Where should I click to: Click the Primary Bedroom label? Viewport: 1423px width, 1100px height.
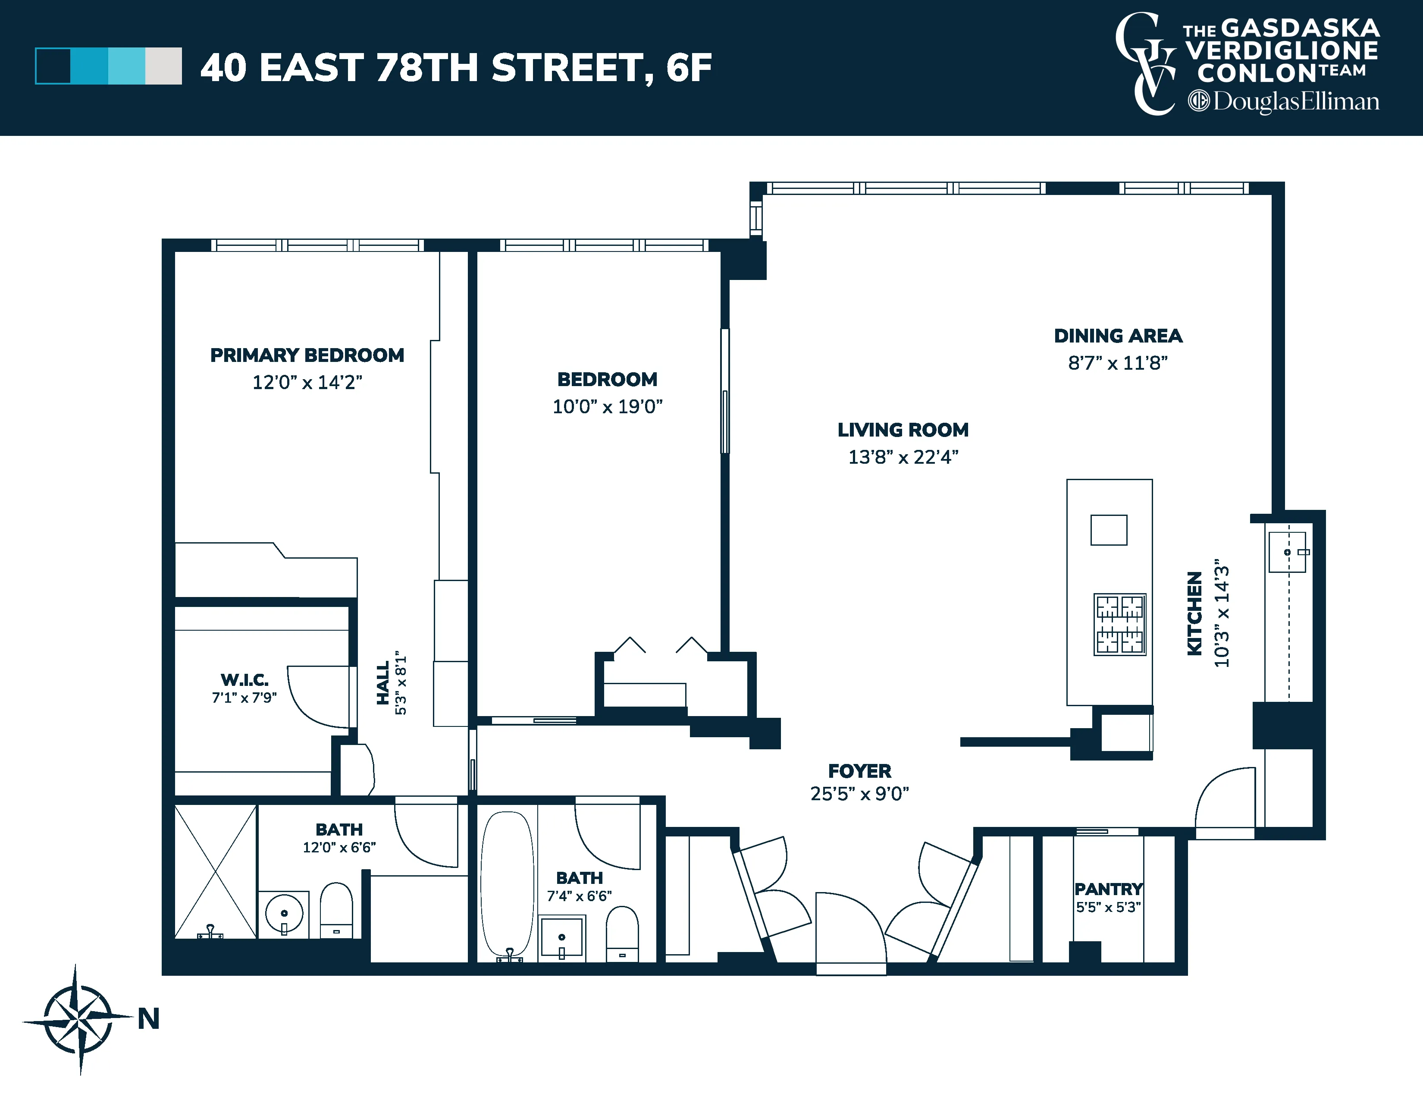(x=307, y=355)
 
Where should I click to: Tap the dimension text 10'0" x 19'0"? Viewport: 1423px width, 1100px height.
(x=607, y=407)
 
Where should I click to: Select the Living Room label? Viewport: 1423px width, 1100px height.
(x=903, y=430)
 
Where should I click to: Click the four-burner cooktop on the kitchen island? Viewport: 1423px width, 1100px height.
(x=1119, y=624)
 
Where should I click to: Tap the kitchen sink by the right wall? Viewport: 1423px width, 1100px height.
(x=1287, y=553)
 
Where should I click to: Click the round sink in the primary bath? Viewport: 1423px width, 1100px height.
(x=284, y=913)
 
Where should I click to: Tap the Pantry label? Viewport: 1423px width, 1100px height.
(x=1108, y=889)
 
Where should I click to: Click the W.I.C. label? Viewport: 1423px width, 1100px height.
(x=244, y=680)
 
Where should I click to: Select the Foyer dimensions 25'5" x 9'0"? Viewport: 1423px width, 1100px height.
(x=859, y=794)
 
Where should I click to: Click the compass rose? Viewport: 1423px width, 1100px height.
(x=78, y=1018)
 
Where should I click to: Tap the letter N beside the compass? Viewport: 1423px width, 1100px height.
(x=149, y=1018)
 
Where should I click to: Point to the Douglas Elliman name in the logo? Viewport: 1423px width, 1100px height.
(x=1295, y=102)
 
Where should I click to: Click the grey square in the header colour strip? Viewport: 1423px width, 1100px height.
(x=163, y=66)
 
